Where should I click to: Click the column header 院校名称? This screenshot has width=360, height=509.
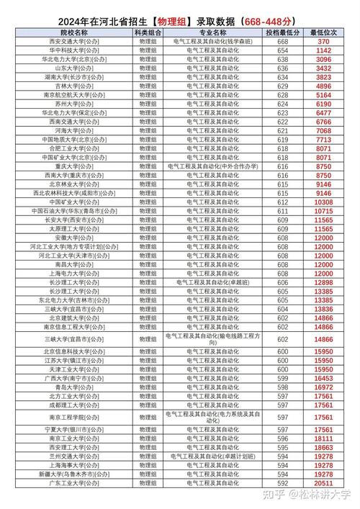(x=74, y=33)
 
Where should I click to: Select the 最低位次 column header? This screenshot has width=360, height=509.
(x=323, y=33)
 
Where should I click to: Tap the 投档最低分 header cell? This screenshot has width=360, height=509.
(x=283, y=33)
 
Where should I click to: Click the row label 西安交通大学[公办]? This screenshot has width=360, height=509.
(x=74, y=42)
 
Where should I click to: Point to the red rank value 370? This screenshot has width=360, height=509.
(x=323, y=42)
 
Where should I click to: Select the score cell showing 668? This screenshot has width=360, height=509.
(x=283, y=42)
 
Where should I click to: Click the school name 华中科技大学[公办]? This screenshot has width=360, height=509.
(x=74, y=51)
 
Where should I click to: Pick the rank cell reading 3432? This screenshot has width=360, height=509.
(x=323, y=68)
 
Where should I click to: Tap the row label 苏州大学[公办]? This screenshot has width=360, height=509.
(x=74, y=104)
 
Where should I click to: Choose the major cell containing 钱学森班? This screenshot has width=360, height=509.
(x=212, y=42)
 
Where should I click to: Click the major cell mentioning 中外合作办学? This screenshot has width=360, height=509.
(x=212, y=166)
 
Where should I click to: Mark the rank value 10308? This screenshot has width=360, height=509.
(x=323, y=202)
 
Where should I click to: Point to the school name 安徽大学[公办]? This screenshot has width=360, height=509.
(x=74, y=237)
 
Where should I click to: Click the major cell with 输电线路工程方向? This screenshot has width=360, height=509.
(x=212, y=338)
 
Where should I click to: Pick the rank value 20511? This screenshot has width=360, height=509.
(x=323, y=484)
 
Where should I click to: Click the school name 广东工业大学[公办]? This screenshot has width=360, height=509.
(x=74, y=484)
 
